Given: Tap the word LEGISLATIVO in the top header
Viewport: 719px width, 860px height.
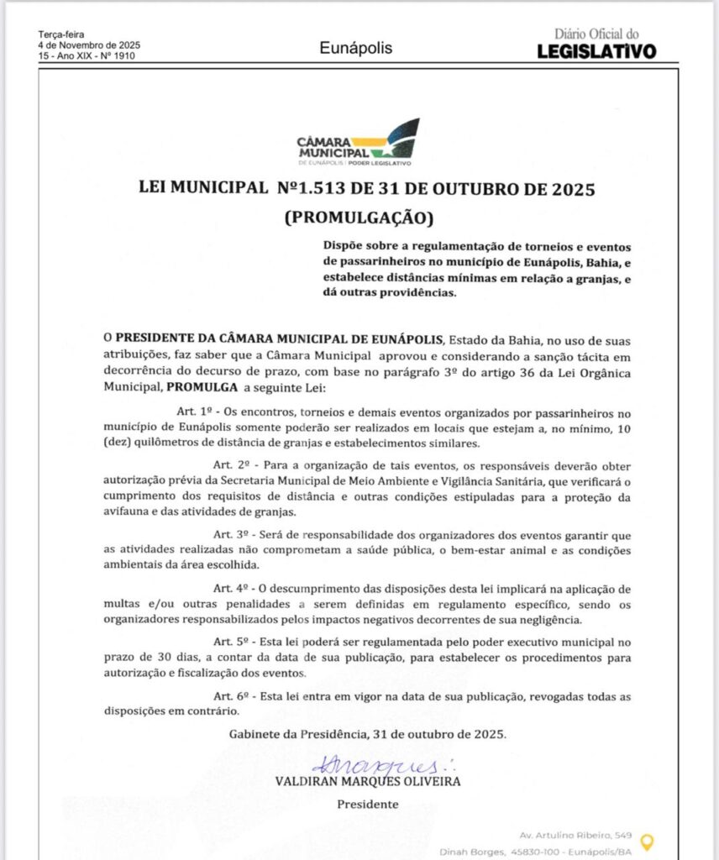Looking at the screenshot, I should tap(596, 51).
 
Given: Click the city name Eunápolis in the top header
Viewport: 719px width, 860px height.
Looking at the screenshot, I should tap(356, 48).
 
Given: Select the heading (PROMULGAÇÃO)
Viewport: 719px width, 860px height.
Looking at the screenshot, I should tap(359, 218).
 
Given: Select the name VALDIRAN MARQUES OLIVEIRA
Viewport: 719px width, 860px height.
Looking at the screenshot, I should tap(367, 781).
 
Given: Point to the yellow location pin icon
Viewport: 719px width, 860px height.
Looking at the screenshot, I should tap(646, 841).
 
